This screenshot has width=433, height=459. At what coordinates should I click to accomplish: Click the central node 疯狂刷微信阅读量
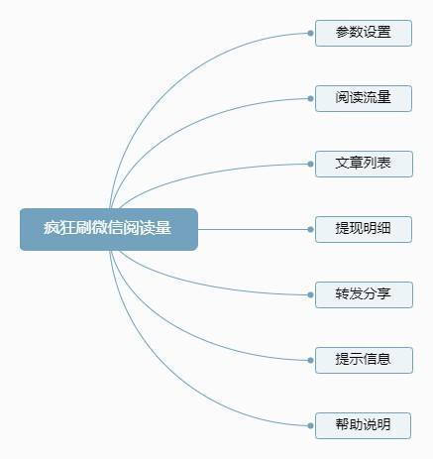(109, 229)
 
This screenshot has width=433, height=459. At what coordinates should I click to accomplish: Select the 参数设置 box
(364, 33)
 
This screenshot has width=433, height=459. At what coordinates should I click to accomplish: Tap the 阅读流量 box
(364, 98)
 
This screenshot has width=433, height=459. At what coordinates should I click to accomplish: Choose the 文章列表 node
(364, 164)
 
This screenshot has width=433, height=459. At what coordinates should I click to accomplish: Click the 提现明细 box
(364, 229)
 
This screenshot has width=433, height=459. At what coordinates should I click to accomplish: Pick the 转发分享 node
(364, 294)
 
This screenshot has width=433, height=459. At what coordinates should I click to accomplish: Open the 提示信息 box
(364, 360)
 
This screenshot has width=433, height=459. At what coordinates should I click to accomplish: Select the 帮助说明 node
(364, 425)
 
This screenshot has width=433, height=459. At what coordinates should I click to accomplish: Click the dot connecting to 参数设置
(310, 33)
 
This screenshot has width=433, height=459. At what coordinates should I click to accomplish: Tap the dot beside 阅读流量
(310, 98)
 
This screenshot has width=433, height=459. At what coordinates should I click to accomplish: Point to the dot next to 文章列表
(310, 164)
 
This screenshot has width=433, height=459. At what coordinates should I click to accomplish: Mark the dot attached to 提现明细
(310, 229)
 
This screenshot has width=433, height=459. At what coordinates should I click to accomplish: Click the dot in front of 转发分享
(310, 294)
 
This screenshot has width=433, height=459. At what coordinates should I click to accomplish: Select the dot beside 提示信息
(310, 360)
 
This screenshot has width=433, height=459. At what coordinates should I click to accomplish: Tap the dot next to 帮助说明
(310, 425)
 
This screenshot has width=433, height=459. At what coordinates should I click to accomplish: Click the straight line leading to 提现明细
(253, 229)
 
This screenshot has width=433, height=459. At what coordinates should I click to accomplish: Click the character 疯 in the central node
(51, 228)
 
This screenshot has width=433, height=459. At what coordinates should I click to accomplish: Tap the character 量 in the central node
(163, 228)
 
